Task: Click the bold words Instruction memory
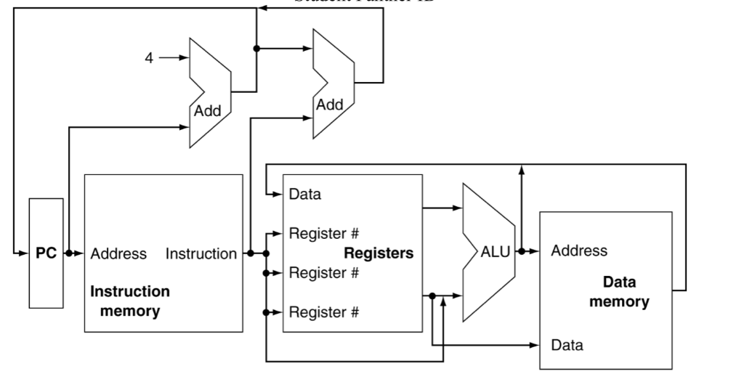point(130,301)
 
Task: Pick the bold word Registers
point(378,253)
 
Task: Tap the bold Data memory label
point(619,290)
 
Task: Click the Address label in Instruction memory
point(118,253)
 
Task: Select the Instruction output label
point(201,253)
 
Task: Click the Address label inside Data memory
point(579,251)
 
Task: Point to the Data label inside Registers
point(305,195)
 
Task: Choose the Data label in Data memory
point(567,346)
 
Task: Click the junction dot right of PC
point(68,253)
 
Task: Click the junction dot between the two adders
point(256,49)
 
